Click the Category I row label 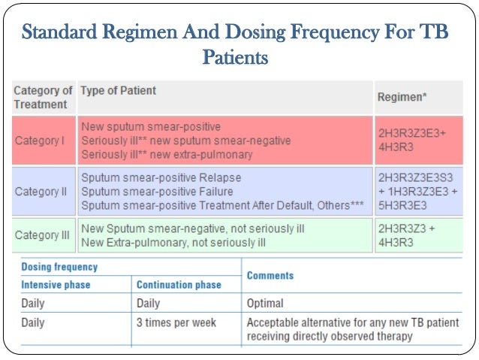pyautogui.click(x=37, y=141)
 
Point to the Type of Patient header pyautogui.click(x=118, y=91)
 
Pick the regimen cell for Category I pyautogui.click(x=411, y=140)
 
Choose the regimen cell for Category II pyautogui.click(x=415, y=192)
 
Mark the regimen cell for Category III pyautogui.click(x=406, y=235)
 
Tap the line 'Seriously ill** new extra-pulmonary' pyautogui.click(x=167, y=155)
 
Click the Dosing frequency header pyautogui.click(x=59, y=268)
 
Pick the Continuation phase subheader pyautogui.click(x=179, y=285)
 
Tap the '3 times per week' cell pyautogui.click(x=176, y=322)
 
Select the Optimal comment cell pyautogui.click(x=265, y=304)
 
